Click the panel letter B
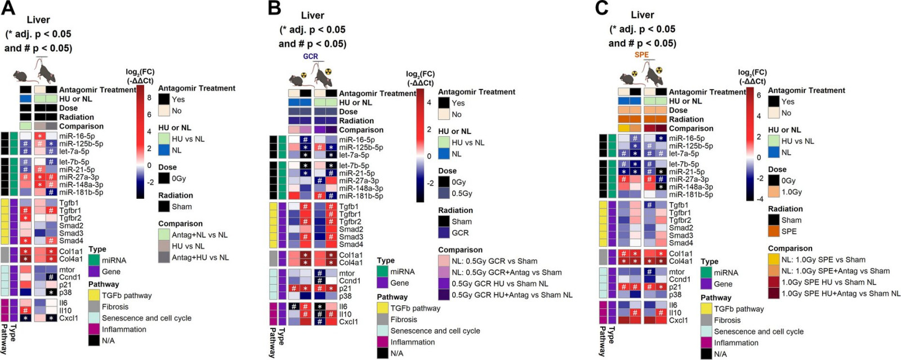click(x=274, y=8)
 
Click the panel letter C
click(x=602, y=8)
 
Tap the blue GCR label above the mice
click(x=310, y=56)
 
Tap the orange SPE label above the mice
click(x=641, y=55)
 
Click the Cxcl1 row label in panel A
click(x=69, y=318)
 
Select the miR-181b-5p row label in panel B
click(x=361, y=196)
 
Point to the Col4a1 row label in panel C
click(x=681, y=261)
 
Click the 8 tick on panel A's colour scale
click(x=149, y=97)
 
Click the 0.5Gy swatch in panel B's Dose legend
click(x=444, y=193)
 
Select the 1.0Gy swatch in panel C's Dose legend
click(x=774, y=192)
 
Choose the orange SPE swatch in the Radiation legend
click(x=774, y=232)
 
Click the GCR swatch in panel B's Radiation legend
click(x=444, y=233)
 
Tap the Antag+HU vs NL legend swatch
click(x=164, y=257)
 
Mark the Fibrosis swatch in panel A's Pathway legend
click(x=94, y=307)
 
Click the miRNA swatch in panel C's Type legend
click(x=706, y=273)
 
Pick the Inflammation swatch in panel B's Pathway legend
click(x=382, y=343)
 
